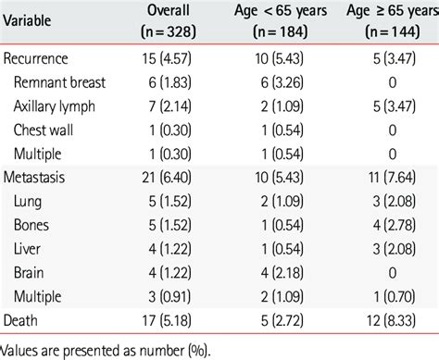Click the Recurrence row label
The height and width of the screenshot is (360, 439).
tap(43, 58)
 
